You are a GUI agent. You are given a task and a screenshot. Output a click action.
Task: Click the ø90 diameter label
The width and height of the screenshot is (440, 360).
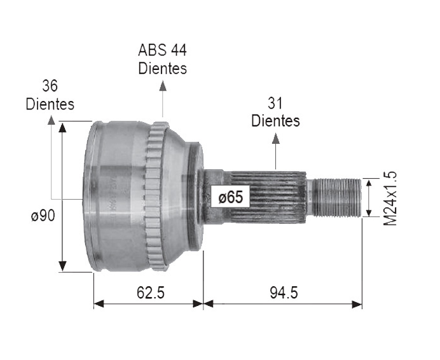point(43,216)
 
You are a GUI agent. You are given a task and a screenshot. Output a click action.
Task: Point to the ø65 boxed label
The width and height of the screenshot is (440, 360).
point(230,197)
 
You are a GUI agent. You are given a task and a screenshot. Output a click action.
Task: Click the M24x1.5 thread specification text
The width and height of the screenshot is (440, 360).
point(390,198)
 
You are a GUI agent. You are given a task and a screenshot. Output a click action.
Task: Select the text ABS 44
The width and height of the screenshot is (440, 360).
point(163,50)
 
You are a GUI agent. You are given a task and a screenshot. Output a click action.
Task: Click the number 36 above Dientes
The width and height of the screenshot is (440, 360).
point(50,86)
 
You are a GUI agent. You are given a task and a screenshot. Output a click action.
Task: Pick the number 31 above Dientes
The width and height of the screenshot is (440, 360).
point(275,102)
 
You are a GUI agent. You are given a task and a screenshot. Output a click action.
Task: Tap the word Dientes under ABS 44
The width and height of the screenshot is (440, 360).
point(163,67)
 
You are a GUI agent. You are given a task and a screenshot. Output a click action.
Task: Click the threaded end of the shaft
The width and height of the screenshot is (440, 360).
point(334,197)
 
